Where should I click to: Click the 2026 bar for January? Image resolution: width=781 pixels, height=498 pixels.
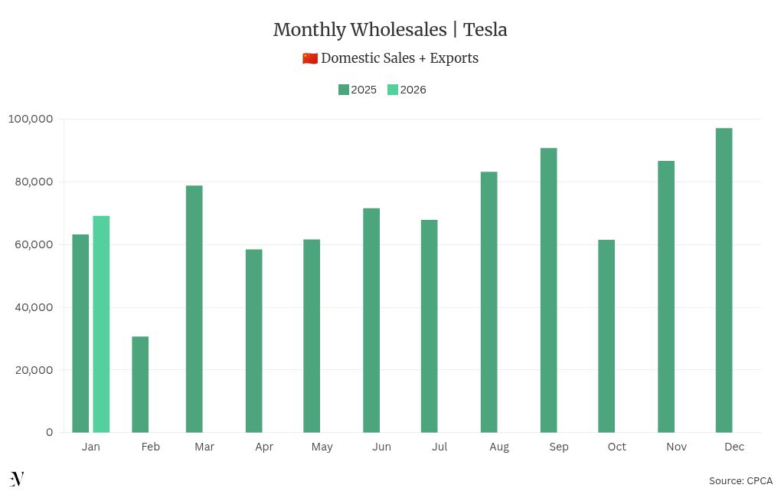point(101,324)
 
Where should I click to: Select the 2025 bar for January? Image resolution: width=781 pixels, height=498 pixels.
point(80,333)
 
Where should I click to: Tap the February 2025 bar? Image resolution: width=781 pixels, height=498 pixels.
point(140,384)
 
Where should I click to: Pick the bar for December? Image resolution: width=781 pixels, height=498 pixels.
point(724,280)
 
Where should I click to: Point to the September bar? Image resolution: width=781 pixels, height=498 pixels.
point(548,290)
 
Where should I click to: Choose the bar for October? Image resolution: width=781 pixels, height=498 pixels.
point(606,336)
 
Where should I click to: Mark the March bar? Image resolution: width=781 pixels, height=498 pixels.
point(194,309)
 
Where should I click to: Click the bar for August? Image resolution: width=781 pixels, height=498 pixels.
point(489,302)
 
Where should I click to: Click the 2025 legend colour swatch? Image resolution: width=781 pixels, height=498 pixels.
point(344,90)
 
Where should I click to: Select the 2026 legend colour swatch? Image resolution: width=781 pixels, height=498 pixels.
point(393,90)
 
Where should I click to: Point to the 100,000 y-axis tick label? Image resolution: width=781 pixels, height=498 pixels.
point(31,119)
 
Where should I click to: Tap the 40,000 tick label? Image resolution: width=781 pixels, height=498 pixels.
point(33,307)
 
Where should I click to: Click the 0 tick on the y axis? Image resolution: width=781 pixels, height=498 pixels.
point(50,432)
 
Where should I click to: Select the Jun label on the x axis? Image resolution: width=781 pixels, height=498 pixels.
point(381,447)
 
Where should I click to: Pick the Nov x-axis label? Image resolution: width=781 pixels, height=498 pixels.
point(676,447)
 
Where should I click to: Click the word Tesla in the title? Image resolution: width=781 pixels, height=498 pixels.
point(485,30)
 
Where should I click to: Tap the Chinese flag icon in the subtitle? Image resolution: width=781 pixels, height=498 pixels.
point(310,58)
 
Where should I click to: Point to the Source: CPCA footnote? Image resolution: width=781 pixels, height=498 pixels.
point(740,481)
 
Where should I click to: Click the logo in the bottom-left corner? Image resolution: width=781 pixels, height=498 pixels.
point(17,480)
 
